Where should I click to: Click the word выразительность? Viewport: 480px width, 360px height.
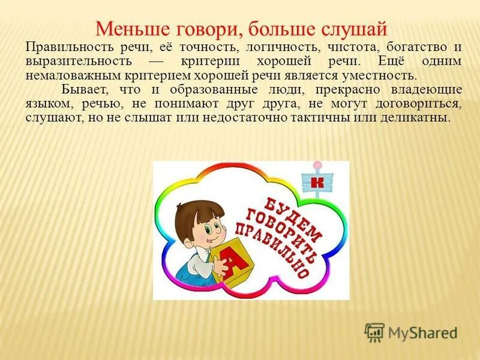point(80,61)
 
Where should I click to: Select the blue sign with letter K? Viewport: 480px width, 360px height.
point(319,182)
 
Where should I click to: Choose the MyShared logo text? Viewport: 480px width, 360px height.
point(422,332)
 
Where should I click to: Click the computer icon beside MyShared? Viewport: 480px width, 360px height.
point(374,332)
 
